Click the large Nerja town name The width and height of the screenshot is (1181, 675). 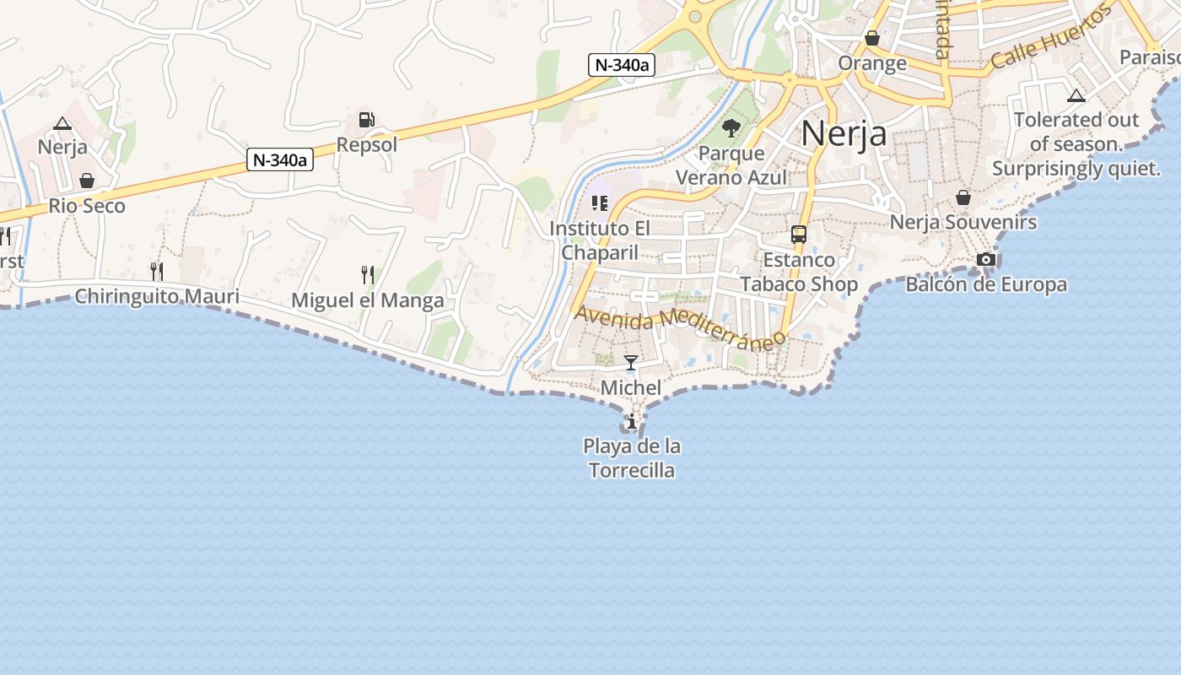tap(844, 133)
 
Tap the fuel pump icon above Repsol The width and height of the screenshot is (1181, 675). tap(367, 121)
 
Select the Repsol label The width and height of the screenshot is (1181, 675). tap(367, 145)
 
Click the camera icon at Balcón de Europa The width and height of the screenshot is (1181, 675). tap(986, 259)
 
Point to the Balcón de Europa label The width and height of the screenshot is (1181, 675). tap(986, 284)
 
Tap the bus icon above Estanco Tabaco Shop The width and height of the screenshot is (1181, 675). tap(799, 235)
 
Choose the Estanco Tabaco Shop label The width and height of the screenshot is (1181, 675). tap(799, 272)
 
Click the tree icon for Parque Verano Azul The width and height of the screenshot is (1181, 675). tap(731, 128)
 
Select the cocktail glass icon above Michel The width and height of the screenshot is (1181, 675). tap(631, 364)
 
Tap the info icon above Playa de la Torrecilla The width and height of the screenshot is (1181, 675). tap(631, 421)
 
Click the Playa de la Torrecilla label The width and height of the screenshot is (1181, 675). tap(632, 458)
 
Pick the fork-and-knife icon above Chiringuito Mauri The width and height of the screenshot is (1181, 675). tap(157, 271)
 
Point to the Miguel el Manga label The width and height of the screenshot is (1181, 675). tap(367, 301)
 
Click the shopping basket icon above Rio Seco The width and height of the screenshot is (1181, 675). tap(87, 181)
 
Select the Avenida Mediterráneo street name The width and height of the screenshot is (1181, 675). tap(680, 327)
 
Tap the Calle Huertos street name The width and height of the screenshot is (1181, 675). tap(1051, 40)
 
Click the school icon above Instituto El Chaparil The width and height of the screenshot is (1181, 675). tap(600, 203)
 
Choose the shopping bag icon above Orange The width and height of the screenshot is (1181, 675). tap(872, 39)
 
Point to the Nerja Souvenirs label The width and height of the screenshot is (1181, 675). tap(963, 223)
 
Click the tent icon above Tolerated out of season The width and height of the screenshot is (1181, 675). tap(1076, 96)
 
